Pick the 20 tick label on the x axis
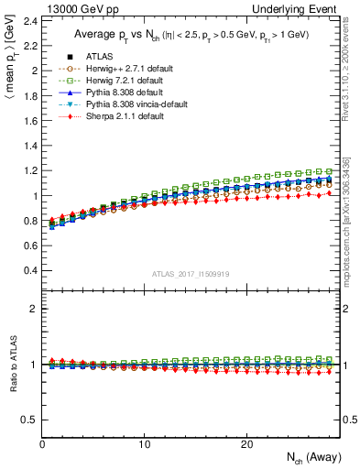pyautogui.click(x=246, y=443)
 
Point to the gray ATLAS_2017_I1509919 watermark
pyautogui.click(x=191, y=274)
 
